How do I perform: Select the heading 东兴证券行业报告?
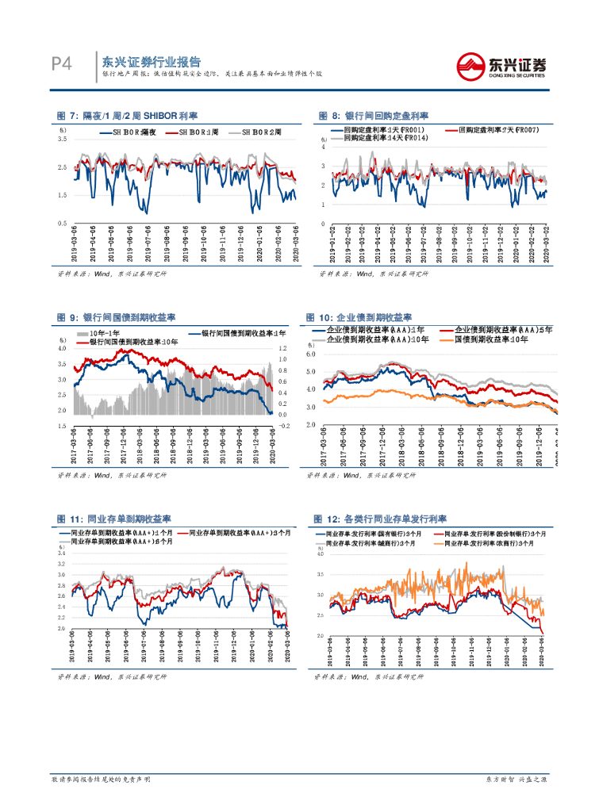pyautogui.click(x=152, y=61)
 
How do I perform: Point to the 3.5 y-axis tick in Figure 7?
pyautogui.click(x=63, y=139)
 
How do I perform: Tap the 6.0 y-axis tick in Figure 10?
pyautogui.click(x=311, y=354)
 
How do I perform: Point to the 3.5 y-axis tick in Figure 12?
pyautogui.click(x=320, y=573)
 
